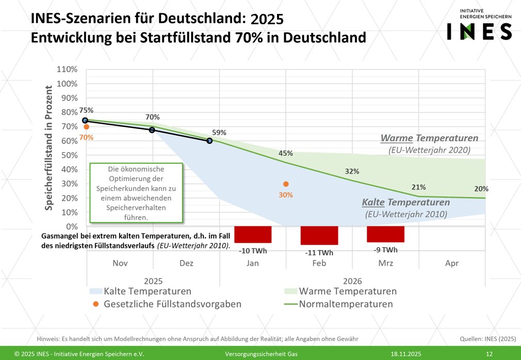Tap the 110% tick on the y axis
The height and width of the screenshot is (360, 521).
pyautogui.click(x=67, y=70)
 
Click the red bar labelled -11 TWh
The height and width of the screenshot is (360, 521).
pyautogui.click(x=319, y=235)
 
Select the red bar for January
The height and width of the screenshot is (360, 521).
pyautogui.click(x=253, y=234)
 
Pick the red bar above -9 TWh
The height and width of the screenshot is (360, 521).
pyautogui.click(x=385, y=234)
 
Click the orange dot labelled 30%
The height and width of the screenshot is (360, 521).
pyautogui.click(x=286, y=184)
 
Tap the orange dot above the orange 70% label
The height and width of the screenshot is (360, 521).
pyautogui.click(x=86, y=127)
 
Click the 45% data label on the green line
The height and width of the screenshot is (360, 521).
pyautogui.click(x=285, y=153)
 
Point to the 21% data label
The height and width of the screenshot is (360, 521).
pyautogui.click(x=419, y=187)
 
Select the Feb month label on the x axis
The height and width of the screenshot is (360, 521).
pyautogui.click(x=319, y=263)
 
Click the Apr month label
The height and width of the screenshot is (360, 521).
pyautogui.click(x=451, y=263)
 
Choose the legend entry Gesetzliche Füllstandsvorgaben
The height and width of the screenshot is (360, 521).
pyautogui.click(x=172, y=304)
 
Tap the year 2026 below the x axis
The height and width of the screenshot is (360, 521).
pyautogui.click(x=352, y=281)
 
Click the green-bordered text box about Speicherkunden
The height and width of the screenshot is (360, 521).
pyautogui.click(x=137, y=193)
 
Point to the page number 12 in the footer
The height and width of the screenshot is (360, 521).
pyautogui.click(x=489, y=354)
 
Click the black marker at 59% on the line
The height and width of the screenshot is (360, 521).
pyautogui.click(x=210, y=140)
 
